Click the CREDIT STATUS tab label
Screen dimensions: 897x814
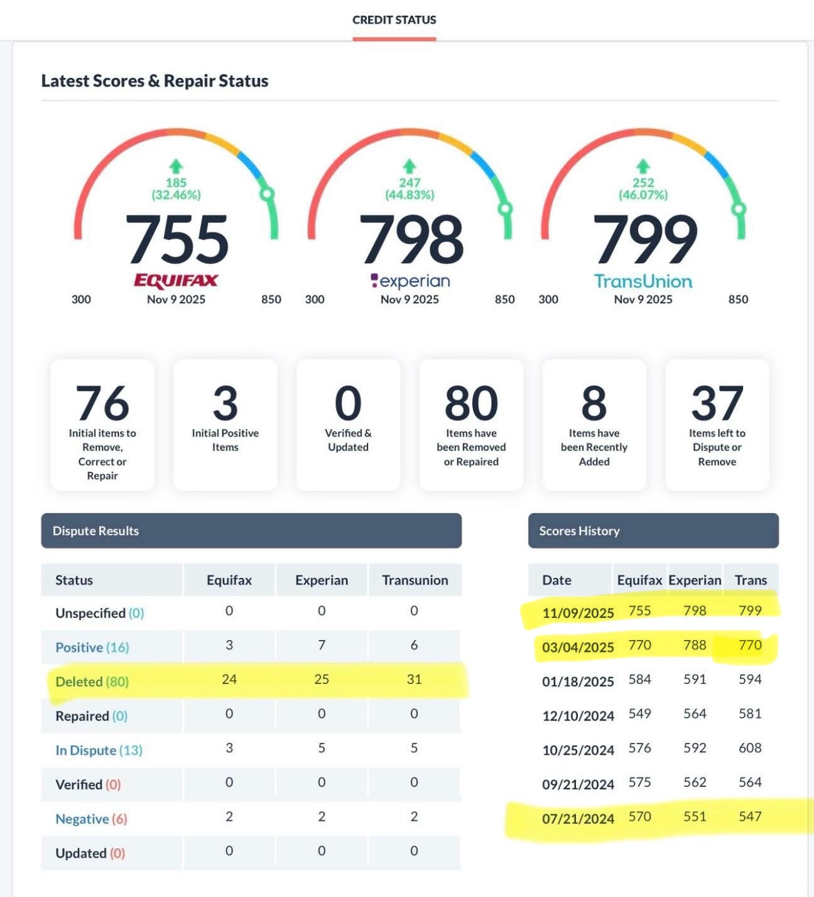[x=394, y=20]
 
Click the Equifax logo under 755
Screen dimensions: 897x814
[x=176, y=280]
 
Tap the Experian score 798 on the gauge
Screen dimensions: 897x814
[x=411, y=239]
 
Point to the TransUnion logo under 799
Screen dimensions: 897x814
[x=643, y=281]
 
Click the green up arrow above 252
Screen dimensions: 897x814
[x=643, y=166]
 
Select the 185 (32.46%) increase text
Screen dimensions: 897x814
[x=176, y=188]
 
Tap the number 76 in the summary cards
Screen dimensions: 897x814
[x=102, y=403]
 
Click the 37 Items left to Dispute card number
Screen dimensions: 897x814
[x=717, y=403]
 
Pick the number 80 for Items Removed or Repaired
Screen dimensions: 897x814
[x=471, y=403]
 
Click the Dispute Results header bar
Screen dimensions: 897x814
[x=251, y=531]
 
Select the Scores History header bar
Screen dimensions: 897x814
[x=653, y=531]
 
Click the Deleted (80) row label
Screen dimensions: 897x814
[x=92, y=682]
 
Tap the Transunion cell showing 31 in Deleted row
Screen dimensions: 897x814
[x=414, y=679]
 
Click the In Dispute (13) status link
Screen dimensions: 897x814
[x=99, y=750]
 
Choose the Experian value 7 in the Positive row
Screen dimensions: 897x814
[x=322, y=645]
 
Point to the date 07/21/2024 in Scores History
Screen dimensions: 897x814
[x=578, y=818]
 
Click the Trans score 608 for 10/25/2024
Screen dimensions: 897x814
[x=750, y=748]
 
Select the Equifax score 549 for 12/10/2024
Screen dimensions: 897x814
[x=639, y=714]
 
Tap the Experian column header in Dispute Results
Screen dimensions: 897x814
[x=322, y=580]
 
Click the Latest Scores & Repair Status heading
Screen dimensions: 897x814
[x=155, y=81]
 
